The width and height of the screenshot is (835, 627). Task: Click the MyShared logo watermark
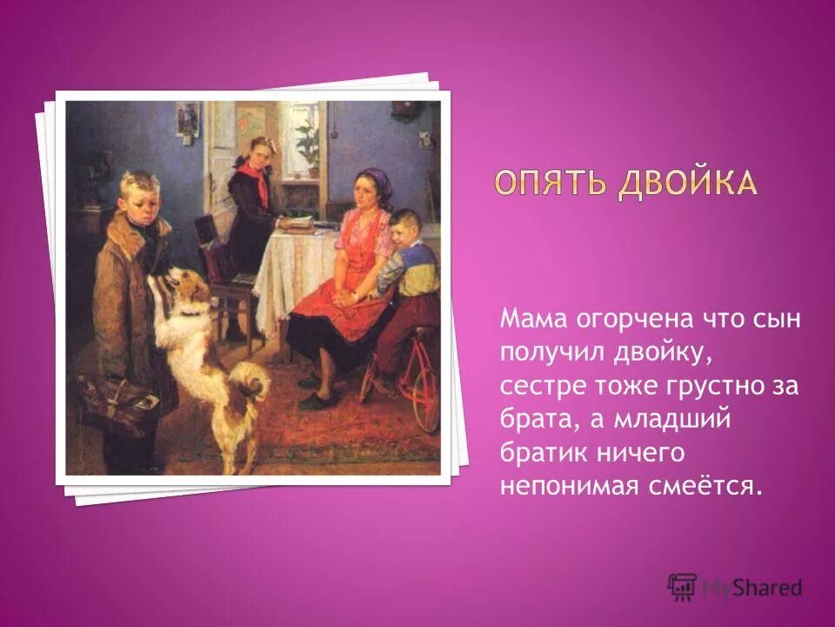(735, 587)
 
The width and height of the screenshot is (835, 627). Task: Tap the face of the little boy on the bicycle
(402, 232)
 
